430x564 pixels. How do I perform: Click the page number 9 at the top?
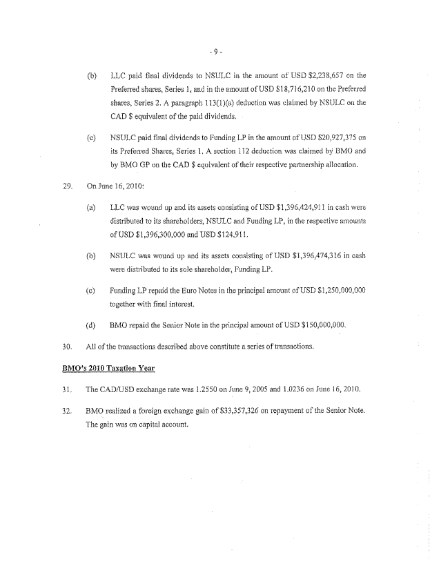(215, 52)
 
